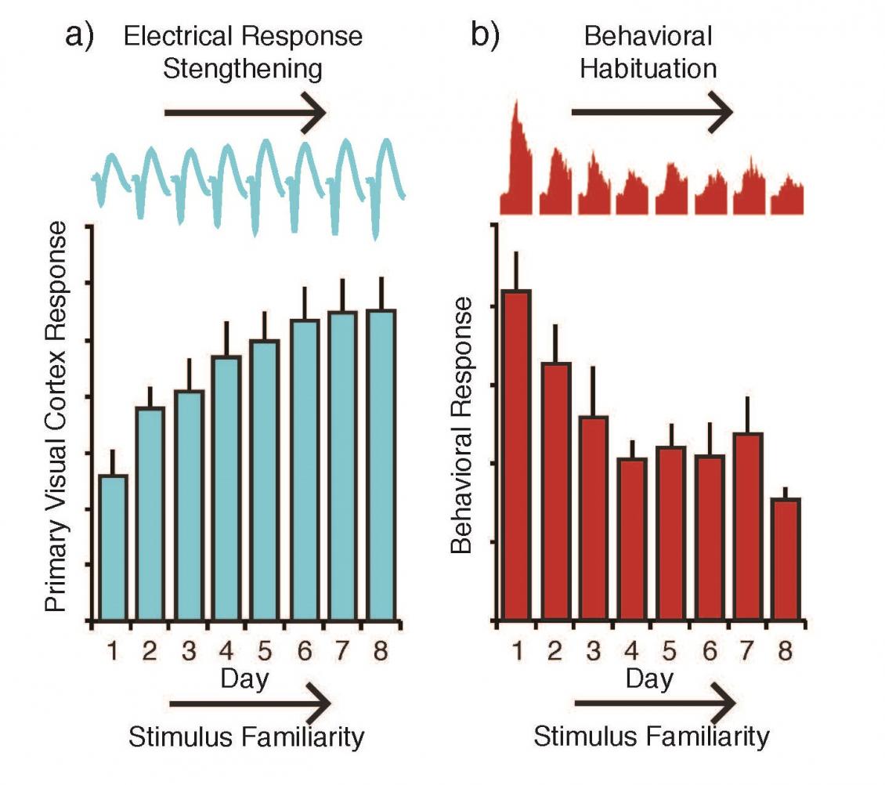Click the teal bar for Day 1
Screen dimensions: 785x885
114,548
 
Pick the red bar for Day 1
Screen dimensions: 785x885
516,455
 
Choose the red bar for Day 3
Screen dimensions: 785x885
593,518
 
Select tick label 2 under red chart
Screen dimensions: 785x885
554,652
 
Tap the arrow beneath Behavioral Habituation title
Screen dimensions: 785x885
652,113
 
